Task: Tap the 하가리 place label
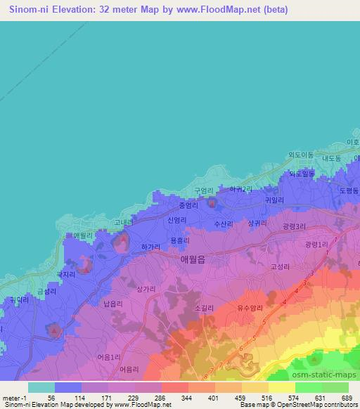(x=151, y=247)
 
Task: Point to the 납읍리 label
(x=112, y=304)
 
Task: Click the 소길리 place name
(x=202, y=307)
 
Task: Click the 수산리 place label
(x=224, y=223)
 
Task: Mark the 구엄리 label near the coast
(x=203, y=190)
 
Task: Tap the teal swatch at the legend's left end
(x=41, y=387)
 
